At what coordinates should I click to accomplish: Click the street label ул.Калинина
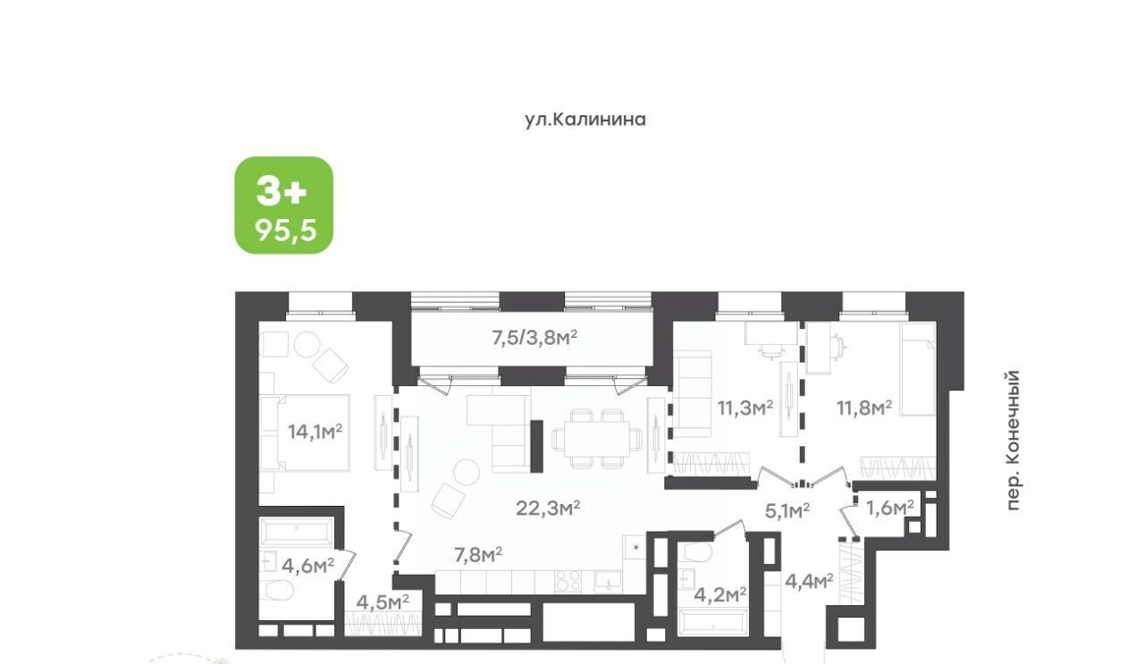(x=585, y=120)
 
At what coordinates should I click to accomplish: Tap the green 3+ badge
(x=284, y=205)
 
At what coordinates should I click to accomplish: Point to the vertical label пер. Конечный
(x=1013, y=440)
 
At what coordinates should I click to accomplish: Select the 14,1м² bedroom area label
(x=315, y=432)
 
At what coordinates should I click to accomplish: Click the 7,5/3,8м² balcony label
(x=534, y=338)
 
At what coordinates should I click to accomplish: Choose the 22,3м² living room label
(x=548, y=508)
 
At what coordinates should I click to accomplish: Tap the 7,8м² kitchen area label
(x=478, y=555)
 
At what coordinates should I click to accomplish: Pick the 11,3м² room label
(x=745, y=408)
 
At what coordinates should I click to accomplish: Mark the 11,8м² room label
(x=864, y=408)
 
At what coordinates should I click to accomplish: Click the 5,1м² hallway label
(x=787, y=510)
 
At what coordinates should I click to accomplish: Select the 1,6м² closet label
(x=890, y=508)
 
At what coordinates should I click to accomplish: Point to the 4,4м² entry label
(x=810, y=581)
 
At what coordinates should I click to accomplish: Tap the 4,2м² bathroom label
(x=720, y=594)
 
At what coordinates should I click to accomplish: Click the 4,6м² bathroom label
(x=308, y=566)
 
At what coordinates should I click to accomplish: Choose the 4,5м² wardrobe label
(x=383, y=602)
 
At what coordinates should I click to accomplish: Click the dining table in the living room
(x=596, y=438)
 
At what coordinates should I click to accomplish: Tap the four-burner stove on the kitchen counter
(x=568, y=582)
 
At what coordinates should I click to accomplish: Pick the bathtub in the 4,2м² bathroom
(x=712, y=623)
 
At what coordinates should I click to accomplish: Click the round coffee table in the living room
(x=467, y=471)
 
